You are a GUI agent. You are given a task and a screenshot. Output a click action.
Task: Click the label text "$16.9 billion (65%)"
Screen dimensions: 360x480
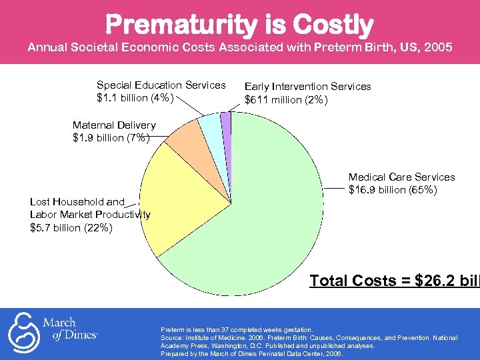pyautogui.click(x=393, y=190)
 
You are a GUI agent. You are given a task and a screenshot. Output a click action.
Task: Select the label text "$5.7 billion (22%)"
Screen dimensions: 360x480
pyautogui.click(x=71, y=227)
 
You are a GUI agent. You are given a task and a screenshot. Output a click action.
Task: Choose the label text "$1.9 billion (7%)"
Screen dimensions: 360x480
pyautogui.click(x=111, y=138)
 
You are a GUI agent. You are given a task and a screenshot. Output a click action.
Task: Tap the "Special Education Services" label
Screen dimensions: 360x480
pyautogui.click(x=161, y=85)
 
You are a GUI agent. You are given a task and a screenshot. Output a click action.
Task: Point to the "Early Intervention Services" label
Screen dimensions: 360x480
pyautogui.click(x=307, y=86)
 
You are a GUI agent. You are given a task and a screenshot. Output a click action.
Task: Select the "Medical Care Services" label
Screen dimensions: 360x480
pyautogui.click(x=401, y=177)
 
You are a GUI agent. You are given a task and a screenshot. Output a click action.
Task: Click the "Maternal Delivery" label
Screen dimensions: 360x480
pyautogui.click(x=113, y=125)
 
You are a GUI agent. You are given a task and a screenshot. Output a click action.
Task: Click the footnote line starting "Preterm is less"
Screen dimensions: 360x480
pyautogui.click(x=236, y=330)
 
